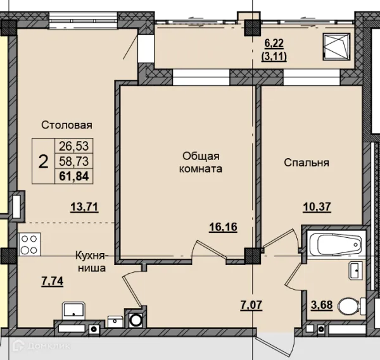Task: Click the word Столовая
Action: pyautogui.click(x=66, y=125)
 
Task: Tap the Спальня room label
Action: pyautogui.click(x=307, y=163)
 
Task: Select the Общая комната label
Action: pyautogui.click(x=201, y=162)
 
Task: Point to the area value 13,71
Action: pyautogui.click(x=84, y=207)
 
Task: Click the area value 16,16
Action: pyautogui.click(x=223, y=227)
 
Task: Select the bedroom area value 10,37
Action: pyautogui.click(x=317, y=207)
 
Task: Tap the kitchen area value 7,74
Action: pyautogui.click(x=53, y=281)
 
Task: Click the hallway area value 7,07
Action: pyautogui.click(x=251, y=305)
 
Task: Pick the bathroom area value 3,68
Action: pyautogui.click(x=322, y=305)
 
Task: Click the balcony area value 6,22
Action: pyautogui.click(x=274, y=44)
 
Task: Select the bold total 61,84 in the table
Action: pyautogui.click(x=74, y=176)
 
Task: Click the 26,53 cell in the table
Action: pyautogui.click(x=74, y=146)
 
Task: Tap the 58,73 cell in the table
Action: pyautogui.click(x=74, y=161)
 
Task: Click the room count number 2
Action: pyautogui.click(x=43, y=162)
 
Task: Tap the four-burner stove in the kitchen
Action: pyautogui.click(x=29, y=244)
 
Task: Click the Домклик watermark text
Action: pyautogui.click(x=49, y=346)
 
